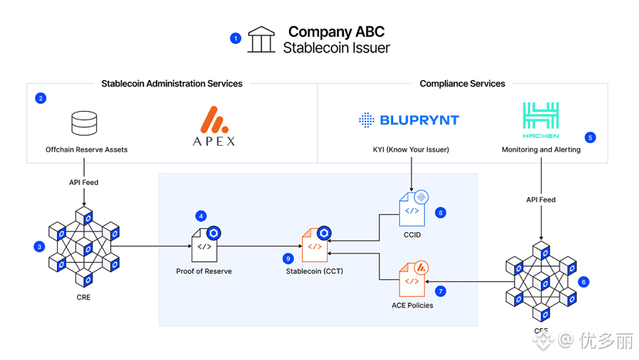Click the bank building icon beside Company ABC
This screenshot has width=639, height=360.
click(261, 40)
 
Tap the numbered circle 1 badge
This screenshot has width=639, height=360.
click(236, 38)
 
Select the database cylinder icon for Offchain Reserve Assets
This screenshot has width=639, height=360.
click(84, 123)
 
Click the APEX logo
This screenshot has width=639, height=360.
click(214, 127)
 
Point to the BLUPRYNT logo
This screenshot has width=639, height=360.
click(409, 120)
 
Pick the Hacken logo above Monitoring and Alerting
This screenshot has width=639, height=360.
click(540, 120)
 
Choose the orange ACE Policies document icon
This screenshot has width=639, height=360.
click(413, 280)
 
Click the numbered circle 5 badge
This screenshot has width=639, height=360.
click(590, 138)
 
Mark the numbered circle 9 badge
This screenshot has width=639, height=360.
click(288, 259)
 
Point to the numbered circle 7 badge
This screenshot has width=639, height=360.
click(440, 292)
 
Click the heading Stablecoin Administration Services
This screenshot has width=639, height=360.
click(172, 84)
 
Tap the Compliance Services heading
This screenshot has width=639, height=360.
click(462, 84)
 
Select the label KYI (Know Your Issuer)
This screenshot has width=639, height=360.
click(411, 150)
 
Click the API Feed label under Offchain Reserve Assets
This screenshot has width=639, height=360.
click(84, 183)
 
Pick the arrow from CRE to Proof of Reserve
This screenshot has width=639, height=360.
click(154, 247)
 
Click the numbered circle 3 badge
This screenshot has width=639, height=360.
click(39, 247)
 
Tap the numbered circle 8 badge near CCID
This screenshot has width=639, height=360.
click(440, 213)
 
